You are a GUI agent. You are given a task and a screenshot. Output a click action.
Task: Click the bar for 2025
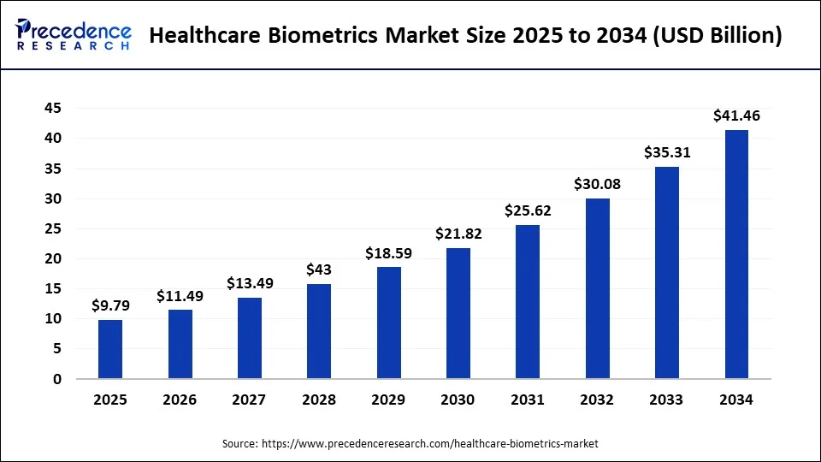[110, 349]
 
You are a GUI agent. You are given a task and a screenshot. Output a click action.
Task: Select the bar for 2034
[736, 254]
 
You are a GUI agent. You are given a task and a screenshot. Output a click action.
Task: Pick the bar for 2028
[319, 331]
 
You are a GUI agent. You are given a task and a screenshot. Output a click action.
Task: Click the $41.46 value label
[736, 115]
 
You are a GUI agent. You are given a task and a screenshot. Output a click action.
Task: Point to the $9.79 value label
[110, 305]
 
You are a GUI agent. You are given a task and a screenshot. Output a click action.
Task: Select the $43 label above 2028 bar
[319, 269]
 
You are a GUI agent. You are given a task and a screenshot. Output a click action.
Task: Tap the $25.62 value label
[528, 210]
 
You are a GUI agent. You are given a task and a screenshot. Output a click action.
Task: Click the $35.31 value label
[667, 152]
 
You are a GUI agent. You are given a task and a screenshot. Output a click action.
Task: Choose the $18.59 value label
[388, 253]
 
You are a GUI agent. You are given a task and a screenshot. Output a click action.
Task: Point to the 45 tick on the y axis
[52, 109]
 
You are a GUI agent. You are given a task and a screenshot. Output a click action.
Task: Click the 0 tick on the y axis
[57, 379]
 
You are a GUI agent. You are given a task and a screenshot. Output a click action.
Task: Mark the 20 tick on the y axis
[52, 259]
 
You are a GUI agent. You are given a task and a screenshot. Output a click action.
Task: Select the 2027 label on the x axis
[250, 400]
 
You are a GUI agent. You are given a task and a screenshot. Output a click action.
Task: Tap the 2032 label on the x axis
[597, 400]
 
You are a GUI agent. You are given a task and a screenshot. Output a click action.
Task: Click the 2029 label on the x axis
[388, 400]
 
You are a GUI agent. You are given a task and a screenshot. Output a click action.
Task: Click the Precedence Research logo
[74, 35]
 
